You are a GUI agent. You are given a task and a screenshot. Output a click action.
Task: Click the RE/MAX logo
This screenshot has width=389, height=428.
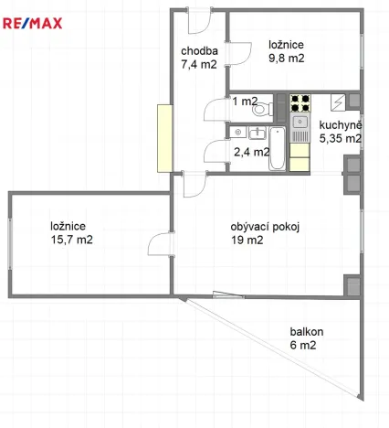pos(32,23)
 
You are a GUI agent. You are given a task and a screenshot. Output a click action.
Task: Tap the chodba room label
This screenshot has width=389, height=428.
pos(199,51)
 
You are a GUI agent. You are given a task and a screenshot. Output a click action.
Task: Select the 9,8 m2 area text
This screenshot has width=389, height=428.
pos(286,58)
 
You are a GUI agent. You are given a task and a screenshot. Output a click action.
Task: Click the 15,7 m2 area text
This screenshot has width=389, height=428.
pos(71,240)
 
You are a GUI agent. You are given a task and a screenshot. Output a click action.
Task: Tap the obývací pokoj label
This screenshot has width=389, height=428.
pos(266,228)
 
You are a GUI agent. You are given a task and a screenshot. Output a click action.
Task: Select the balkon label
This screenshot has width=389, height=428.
pos(308,332)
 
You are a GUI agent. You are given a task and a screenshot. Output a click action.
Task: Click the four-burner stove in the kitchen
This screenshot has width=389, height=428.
pos(300,103)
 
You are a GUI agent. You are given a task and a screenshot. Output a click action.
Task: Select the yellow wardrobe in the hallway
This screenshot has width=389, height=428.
pos(164,137)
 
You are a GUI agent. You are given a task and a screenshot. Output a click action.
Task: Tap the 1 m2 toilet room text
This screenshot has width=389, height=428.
pos(244,102)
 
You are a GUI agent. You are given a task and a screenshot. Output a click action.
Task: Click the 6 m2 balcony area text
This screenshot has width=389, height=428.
pos(303,346)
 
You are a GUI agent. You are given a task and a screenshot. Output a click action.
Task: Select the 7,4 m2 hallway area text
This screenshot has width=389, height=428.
pos(199,65)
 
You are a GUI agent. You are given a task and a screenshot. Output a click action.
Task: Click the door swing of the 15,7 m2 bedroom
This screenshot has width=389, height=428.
pos(161,247)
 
